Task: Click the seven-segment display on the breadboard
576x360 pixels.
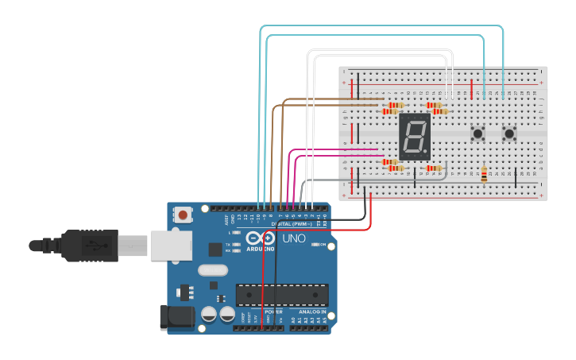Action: coord(414,137)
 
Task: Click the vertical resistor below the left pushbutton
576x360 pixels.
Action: coord(484,174)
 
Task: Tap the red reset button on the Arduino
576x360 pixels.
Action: coord(184,215)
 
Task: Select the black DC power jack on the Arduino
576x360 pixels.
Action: coord(176,317)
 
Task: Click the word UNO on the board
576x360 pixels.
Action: coord(294,238)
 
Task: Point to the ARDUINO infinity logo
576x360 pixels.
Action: coord(260,238)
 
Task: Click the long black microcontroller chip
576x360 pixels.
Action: coord(282,295)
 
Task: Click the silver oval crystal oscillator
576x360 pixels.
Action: coord(213,270)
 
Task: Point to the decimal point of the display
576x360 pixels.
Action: coord(427,153)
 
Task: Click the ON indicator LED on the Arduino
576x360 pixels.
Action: coord(315,245)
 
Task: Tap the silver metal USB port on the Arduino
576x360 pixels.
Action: coord(171,246)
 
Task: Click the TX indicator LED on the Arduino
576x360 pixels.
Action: coord(236,244)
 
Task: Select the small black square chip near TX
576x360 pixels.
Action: coord(215,249)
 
